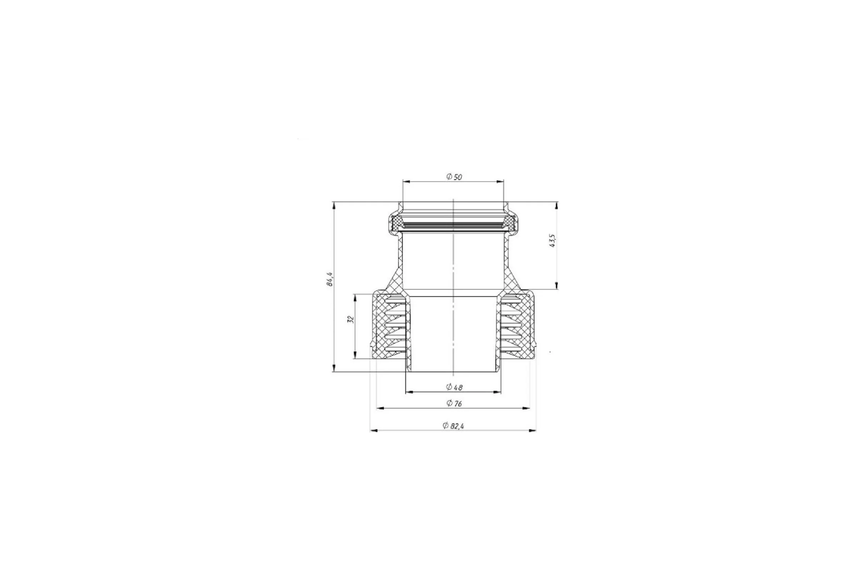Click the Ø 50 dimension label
454,177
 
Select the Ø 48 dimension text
454,387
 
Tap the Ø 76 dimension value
454,404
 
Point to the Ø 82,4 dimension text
453,426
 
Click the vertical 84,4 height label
330,279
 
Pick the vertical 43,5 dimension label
552,241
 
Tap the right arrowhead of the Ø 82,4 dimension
532,431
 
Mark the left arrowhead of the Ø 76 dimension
380,408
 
